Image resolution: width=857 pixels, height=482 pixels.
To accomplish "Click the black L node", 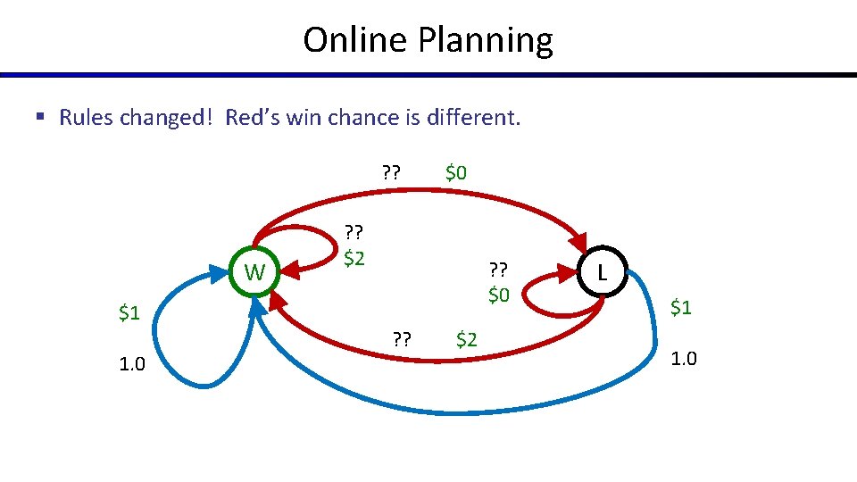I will point(603,272).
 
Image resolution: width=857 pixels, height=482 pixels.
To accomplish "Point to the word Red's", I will point(253,118).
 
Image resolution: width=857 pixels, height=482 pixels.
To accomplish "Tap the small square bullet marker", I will point(40,117).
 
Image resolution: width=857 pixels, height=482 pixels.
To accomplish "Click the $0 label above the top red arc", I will point(455,172).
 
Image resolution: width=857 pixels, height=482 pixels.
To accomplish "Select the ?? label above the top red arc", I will point(390,172).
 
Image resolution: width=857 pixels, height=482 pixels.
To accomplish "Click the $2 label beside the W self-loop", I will point(354,259).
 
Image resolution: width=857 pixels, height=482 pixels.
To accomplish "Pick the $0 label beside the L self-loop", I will point(498,293).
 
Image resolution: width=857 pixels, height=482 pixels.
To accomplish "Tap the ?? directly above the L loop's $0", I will point(498,270).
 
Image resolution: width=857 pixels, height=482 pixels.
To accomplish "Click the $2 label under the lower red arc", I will point(466,338).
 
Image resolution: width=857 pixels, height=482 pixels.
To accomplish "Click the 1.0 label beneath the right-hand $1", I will point(683,359).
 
